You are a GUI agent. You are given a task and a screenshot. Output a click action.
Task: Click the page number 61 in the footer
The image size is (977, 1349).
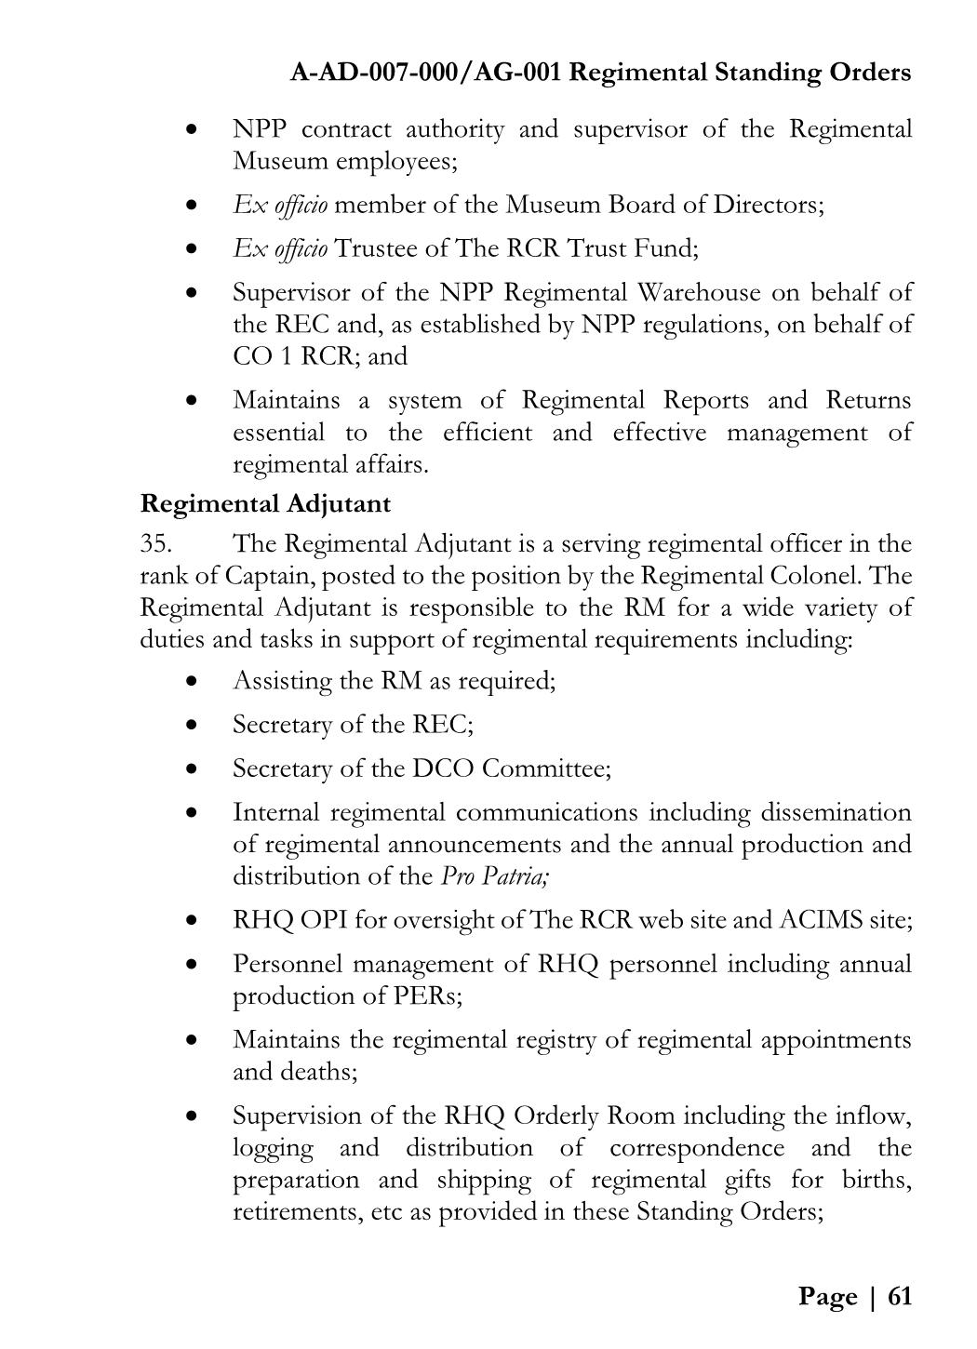pyautogui.click(x=900, y=1296)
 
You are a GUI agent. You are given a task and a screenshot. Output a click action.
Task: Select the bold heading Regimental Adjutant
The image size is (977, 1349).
pyautogui.click(x=265, y=504)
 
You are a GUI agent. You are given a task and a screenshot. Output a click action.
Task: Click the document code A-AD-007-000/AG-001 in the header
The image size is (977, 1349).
pyautogui.click(x=425, y=72)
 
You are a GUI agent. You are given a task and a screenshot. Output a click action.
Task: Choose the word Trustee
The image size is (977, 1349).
pyautogui.click(x=375, y=248)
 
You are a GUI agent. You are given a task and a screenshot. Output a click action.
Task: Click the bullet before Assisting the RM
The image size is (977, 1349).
pyautogui.click(x=192, y=681)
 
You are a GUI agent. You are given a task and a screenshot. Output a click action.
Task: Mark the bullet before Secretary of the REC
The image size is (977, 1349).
pyautogui.click(x=192, y=725)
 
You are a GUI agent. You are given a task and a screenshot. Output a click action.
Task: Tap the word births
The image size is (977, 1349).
pyautogui.click(x=876, y=1180)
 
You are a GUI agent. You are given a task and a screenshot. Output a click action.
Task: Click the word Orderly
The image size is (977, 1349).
pyautogui.click(x=557, y=1115)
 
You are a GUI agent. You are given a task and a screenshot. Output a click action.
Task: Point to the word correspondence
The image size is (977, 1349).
pyautogui.click(x=697, y=1147)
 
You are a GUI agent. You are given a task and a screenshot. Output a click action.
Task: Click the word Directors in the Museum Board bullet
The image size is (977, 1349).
pyautogui.click(x=768, y=205)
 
